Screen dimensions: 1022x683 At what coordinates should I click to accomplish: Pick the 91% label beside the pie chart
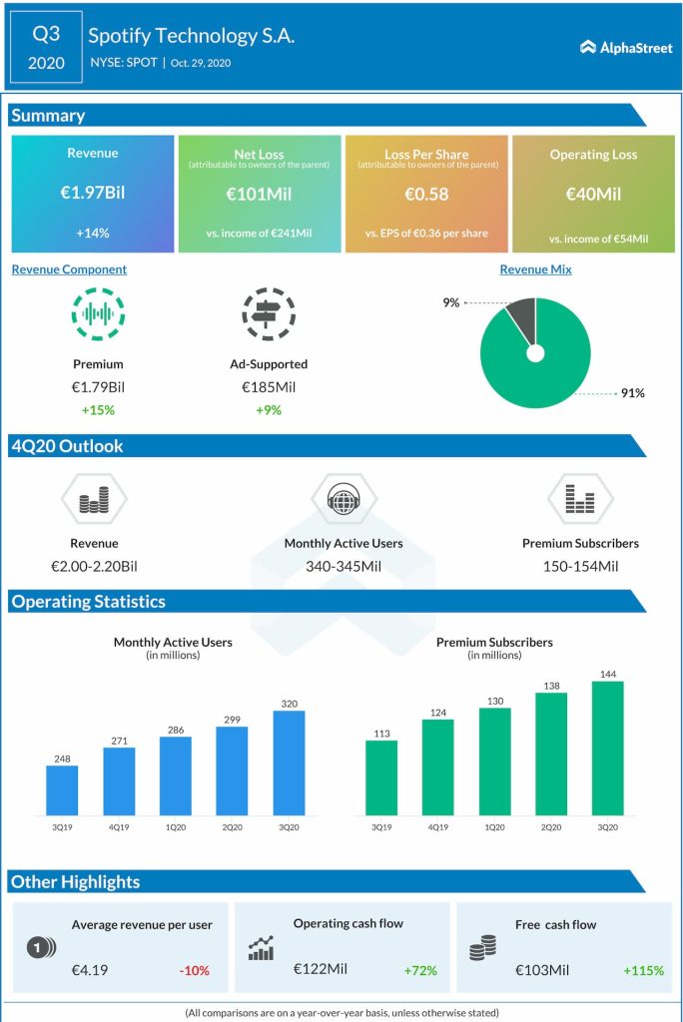[x=632, y=393]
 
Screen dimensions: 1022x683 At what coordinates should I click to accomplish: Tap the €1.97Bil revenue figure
[x=93, y=192]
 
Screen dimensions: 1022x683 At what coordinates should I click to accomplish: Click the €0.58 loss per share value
[x=426, y=192]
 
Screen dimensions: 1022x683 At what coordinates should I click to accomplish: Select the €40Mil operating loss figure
[x=593, y=192]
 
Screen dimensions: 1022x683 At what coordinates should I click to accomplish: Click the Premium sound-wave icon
[x=98, y=313]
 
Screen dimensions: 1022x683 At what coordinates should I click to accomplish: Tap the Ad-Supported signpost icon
[x=268, y=313]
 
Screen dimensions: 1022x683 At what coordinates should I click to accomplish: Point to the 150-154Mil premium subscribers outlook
[x=580, y=566]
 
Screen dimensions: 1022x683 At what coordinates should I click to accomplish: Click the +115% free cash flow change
[x=642, y=969]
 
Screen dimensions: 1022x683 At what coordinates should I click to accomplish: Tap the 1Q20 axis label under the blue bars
[x=176, y=827]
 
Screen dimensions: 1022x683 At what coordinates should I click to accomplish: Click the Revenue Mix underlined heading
[x=535, y=269]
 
